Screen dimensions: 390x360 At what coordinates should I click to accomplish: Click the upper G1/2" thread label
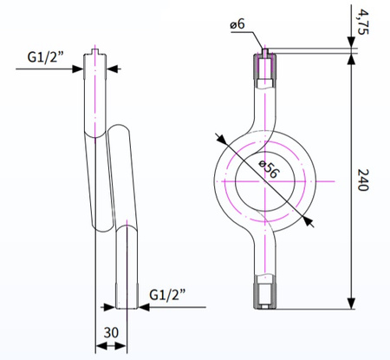coord(45,56)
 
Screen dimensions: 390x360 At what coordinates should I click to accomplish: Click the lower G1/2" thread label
coord(167,295)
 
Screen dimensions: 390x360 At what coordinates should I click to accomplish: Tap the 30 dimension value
coord(111,333)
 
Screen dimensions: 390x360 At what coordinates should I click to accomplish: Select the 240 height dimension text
coord(363,180)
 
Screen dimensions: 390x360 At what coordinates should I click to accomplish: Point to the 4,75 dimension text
coord(363,22)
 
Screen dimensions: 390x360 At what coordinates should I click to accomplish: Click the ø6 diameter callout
coord(237,24)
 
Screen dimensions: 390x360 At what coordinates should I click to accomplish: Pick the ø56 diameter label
coord(270,169)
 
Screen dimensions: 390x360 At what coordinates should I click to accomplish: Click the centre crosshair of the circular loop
coord(265,181)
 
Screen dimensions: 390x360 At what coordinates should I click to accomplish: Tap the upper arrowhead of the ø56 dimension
coord(222,139)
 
